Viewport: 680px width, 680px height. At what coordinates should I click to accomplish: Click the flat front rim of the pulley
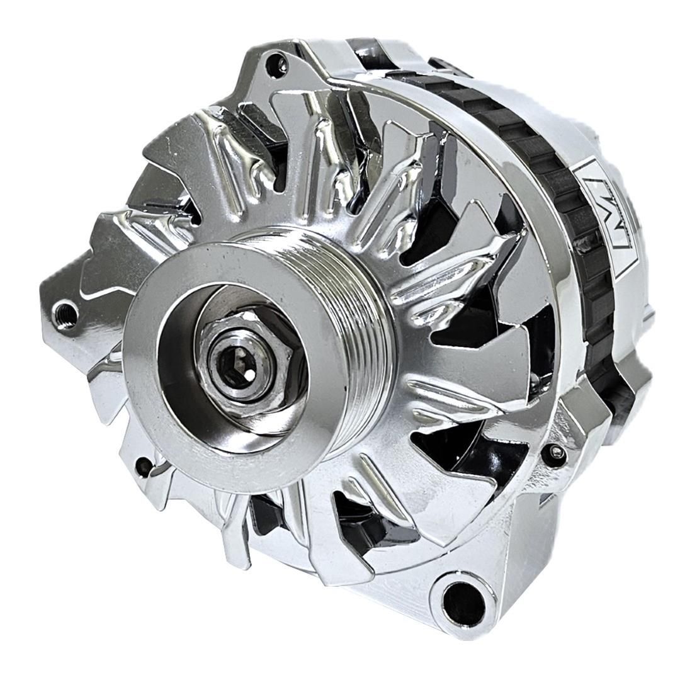[157, 378]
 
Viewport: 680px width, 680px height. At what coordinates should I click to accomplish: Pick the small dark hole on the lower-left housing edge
[144, 467]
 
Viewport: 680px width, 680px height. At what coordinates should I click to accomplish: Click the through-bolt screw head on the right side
[554, 452]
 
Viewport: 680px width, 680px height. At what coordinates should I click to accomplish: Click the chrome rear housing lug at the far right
[636, 378]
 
